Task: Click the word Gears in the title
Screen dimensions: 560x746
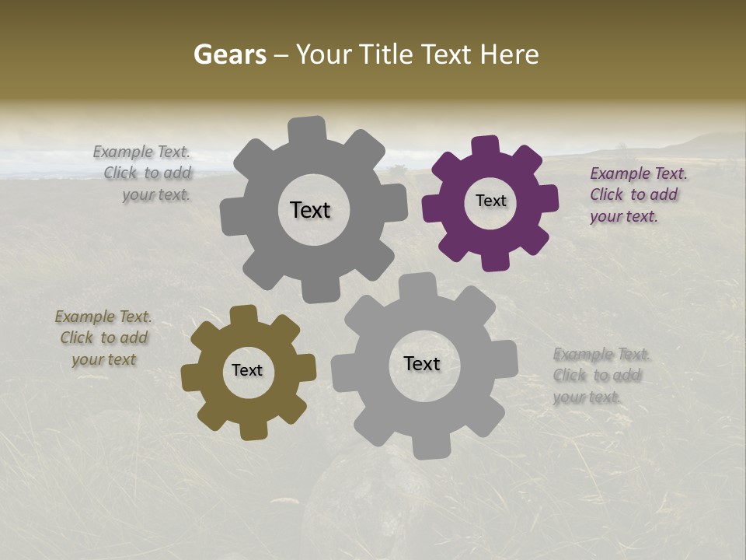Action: [x=229, y=54]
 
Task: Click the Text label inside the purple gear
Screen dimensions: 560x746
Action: [x=490, y=201]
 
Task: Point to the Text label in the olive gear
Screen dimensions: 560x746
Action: [x=247, y=370]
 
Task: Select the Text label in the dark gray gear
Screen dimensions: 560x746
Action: [x=310, y=210]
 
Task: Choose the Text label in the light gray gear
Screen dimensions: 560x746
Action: [x=422, y=363]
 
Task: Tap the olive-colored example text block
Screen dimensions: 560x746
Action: [x=103, y=338]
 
